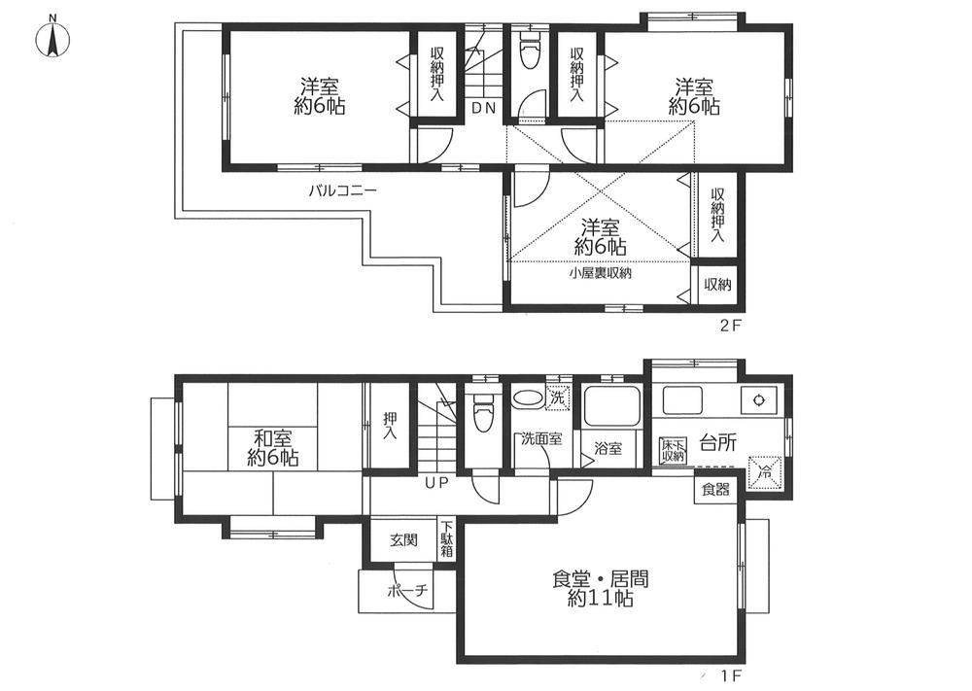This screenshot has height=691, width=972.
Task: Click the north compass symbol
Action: [x=53, y=39]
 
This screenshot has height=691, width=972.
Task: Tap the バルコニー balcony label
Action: [x=342, y=190]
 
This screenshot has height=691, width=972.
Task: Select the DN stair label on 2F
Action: [x=483, y=108]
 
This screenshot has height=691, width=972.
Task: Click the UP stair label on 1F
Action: [x=435, y=483]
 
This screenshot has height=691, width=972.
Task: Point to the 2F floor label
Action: [x=731, y=326]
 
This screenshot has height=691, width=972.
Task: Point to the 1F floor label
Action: [x=731, y=674]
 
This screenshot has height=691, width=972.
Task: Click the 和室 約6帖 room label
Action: [x=273, y=447]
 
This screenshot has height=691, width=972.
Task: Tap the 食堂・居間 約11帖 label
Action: [x=600, y=589]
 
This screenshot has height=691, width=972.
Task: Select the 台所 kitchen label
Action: [x=718, y=442]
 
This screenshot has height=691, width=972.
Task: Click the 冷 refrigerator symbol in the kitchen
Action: [x=766, y=472]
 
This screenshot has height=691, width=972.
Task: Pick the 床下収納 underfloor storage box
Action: [x=673, y=449]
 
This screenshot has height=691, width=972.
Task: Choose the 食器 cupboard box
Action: [x=715, y=490]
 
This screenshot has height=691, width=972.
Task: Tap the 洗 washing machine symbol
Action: [x=558, y=397]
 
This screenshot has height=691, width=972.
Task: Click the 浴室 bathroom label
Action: [x=607, y=448]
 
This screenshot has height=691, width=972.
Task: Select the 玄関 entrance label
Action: [x=403, y=540]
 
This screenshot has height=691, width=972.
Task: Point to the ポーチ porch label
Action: [x=407, y=591]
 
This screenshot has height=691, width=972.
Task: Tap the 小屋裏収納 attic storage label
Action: [x=601, y=273]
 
